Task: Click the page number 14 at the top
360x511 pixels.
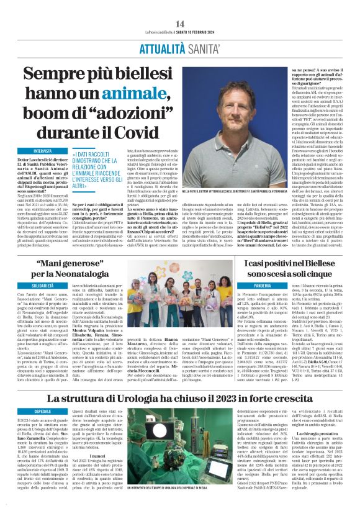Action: pyautogui.click(x=179, y=6)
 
